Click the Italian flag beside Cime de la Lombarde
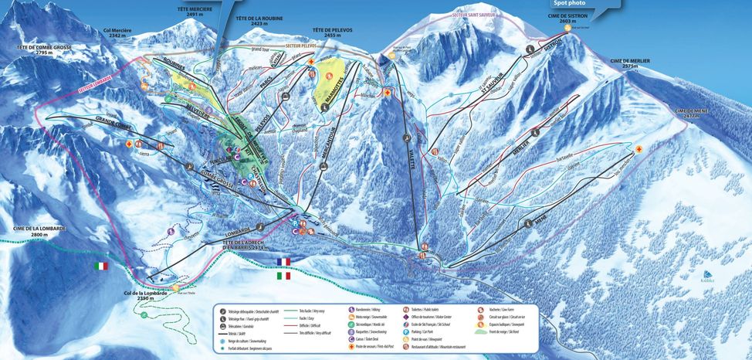101,266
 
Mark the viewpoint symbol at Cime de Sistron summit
567,29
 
